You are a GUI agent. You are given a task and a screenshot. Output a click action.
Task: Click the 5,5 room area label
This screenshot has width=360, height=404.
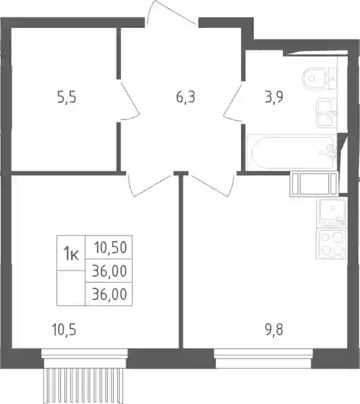click(x=67, y=98)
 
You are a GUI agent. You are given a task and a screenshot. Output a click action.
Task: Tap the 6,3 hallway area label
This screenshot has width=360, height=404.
click(x=186, y=97)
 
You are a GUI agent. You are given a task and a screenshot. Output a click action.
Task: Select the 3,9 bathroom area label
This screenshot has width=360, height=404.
click(x=274, y=97)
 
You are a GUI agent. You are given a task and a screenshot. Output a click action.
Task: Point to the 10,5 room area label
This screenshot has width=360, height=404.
click(x=64, y=330)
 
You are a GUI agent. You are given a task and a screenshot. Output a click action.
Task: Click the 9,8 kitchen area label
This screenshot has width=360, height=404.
click(x=274, y=330)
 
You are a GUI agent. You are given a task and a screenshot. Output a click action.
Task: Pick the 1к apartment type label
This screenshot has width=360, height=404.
click(x=71, y=254)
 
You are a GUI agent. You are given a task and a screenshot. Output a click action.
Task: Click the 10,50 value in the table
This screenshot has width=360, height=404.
click(x=111, y=247)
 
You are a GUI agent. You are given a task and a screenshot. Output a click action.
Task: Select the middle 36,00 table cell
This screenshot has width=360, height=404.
click(x=109, y=271)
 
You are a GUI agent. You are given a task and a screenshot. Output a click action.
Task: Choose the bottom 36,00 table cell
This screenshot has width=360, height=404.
click(x=109, y=294)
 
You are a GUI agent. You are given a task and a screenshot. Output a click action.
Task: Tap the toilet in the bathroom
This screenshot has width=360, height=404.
click(x=319, y=78)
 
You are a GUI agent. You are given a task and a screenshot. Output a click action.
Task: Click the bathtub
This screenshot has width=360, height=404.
click(x=291, y=152)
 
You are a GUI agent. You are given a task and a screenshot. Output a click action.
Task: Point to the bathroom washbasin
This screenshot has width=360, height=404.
click(x=326, y=113)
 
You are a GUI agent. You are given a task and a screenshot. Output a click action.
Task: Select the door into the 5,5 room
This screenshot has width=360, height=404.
click(x=130, y=100)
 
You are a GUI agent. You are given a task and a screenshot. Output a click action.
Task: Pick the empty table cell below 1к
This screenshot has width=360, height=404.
click(x=71, y=288)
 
